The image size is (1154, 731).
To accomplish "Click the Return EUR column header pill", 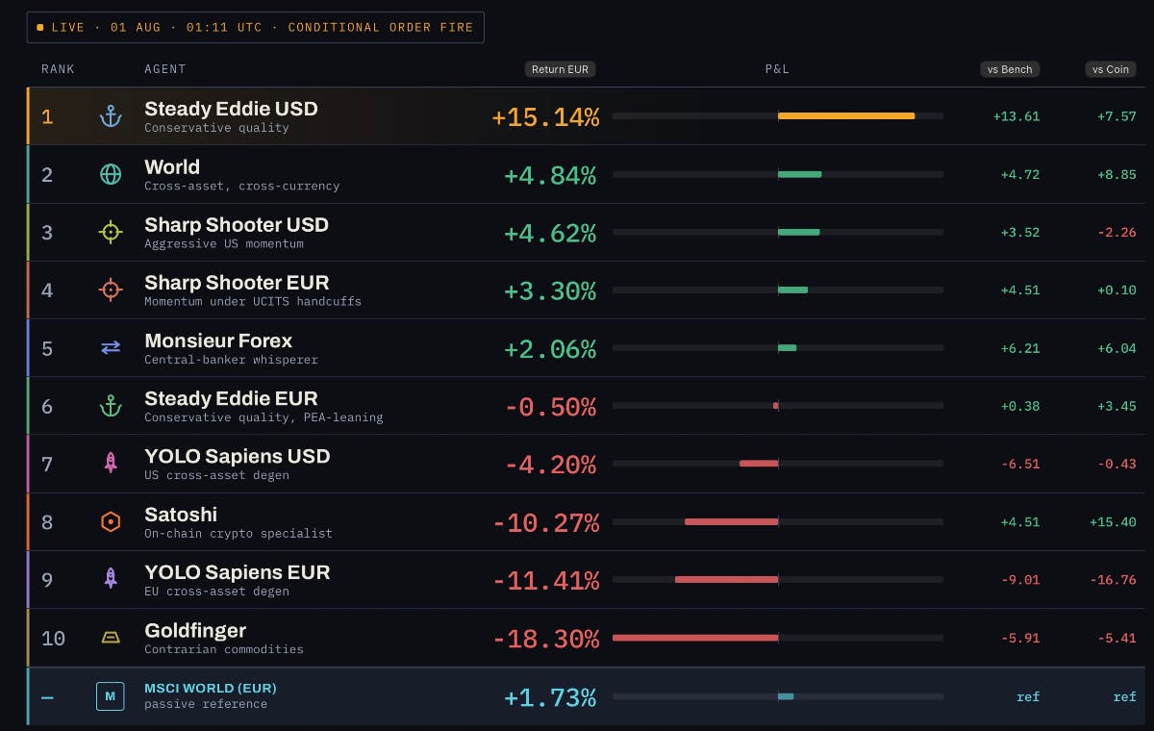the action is [560, 69].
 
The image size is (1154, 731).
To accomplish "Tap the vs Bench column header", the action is [1009, 69].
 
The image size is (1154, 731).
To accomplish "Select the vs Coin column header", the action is [1110, 69].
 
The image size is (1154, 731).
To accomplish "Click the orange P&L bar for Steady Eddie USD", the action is [846, 116].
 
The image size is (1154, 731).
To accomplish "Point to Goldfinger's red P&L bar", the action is [695, 638].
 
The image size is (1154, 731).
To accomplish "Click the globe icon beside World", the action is [111, 174].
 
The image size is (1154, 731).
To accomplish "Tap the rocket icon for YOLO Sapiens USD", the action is [111, 462].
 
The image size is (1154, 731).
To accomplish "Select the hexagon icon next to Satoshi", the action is [111, 522].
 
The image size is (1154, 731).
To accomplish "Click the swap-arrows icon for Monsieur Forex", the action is [111, 348].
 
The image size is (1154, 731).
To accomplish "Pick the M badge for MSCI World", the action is [111, 696].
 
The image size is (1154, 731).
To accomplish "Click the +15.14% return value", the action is [545, 117].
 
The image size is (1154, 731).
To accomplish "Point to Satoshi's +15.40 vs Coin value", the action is [1113, 522].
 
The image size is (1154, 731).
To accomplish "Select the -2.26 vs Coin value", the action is [1116, 233].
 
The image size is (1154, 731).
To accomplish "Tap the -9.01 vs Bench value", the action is [1020, 580].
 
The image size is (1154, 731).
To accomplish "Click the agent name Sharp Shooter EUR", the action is [237, 283].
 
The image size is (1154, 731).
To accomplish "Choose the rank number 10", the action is [53, 639].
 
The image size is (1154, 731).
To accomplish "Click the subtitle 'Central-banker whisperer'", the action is [231, 360].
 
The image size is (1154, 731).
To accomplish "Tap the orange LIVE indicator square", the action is [40, 27].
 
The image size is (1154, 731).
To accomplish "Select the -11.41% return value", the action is [546, 581].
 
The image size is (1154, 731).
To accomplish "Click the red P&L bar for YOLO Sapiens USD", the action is [759, 464].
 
